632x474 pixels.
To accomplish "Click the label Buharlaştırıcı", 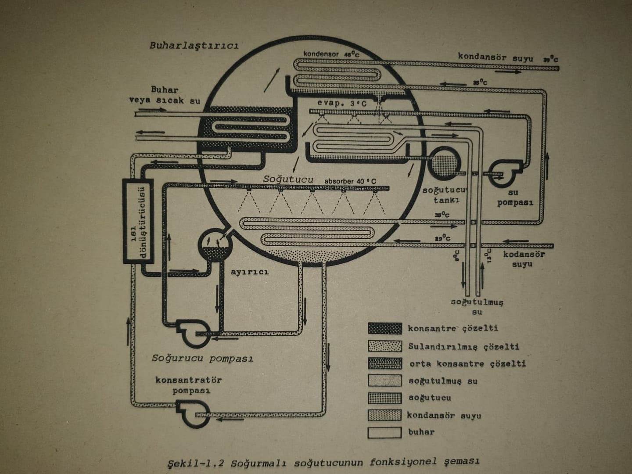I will (194, 46).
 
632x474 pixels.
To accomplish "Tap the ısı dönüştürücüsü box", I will (137, 221).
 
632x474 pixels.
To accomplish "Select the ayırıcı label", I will (249, 272).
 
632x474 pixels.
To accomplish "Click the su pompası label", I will (514, 197).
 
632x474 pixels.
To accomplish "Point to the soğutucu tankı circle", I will (444, 161).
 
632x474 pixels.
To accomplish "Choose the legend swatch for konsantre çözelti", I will (384, 328).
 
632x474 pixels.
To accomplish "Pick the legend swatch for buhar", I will (384, 432).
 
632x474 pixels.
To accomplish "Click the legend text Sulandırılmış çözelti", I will (463, 347).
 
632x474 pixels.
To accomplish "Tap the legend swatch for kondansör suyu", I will (384, 415).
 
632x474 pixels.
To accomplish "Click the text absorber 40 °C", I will (350, 181).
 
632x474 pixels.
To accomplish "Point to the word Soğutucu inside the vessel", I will (288, 180).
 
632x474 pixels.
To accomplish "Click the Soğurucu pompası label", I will (203, 358).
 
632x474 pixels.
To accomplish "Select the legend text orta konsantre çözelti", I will (467, 364).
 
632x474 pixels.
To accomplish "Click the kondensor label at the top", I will (321, 54).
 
